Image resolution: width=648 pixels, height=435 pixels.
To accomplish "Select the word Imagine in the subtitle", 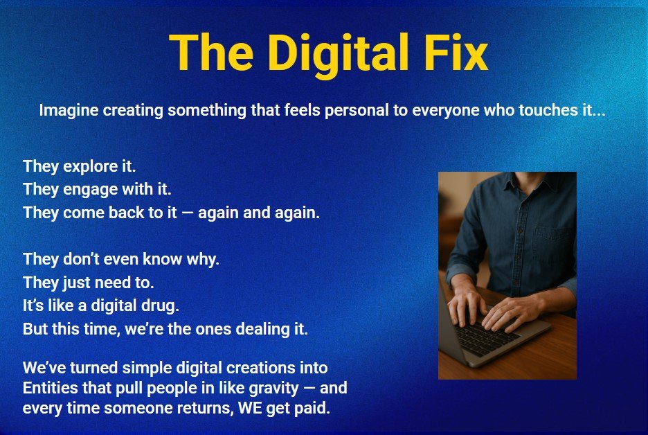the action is point(69,111).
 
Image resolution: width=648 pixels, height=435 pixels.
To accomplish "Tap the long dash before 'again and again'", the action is point(187,213).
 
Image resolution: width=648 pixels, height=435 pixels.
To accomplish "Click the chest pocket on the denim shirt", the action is point(553,248).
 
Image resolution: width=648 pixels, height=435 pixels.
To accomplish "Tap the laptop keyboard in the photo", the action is point(487,337).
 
